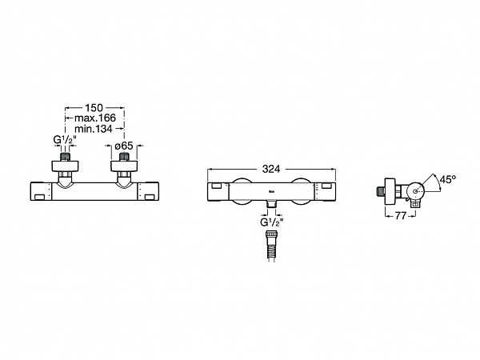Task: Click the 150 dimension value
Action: coord(94,108)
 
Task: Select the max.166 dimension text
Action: coord(95,118)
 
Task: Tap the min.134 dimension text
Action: coord(94,129)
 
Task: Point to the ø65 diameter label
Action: coord(124,146)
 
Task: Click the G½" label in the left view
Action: coord(65,140)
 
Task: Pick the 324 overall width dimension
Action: coord(271,169)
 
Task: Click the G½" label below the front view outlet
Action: coord(270,222)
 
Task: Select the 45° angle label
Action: coord(448,179)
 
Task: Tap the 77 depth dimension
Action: coord(401,216)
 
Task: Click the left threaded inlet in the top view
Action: coord(65,157)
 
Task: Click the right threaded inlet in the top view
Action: coord(124,157)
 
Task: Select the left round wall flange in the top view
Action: coord(65,166)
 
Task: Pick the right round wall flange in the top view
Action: coord(124,166)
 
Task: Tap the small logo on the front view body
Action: coord(271,192)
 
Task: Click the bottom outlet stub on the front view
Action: coord(271,204)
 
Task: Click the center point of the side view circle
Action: coord(415,191)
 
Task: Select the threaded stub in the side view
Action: coord(380,191)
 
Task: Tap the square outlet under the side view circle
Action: coord(415,204)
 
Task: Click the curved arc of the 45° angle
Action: coord(438,182)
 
